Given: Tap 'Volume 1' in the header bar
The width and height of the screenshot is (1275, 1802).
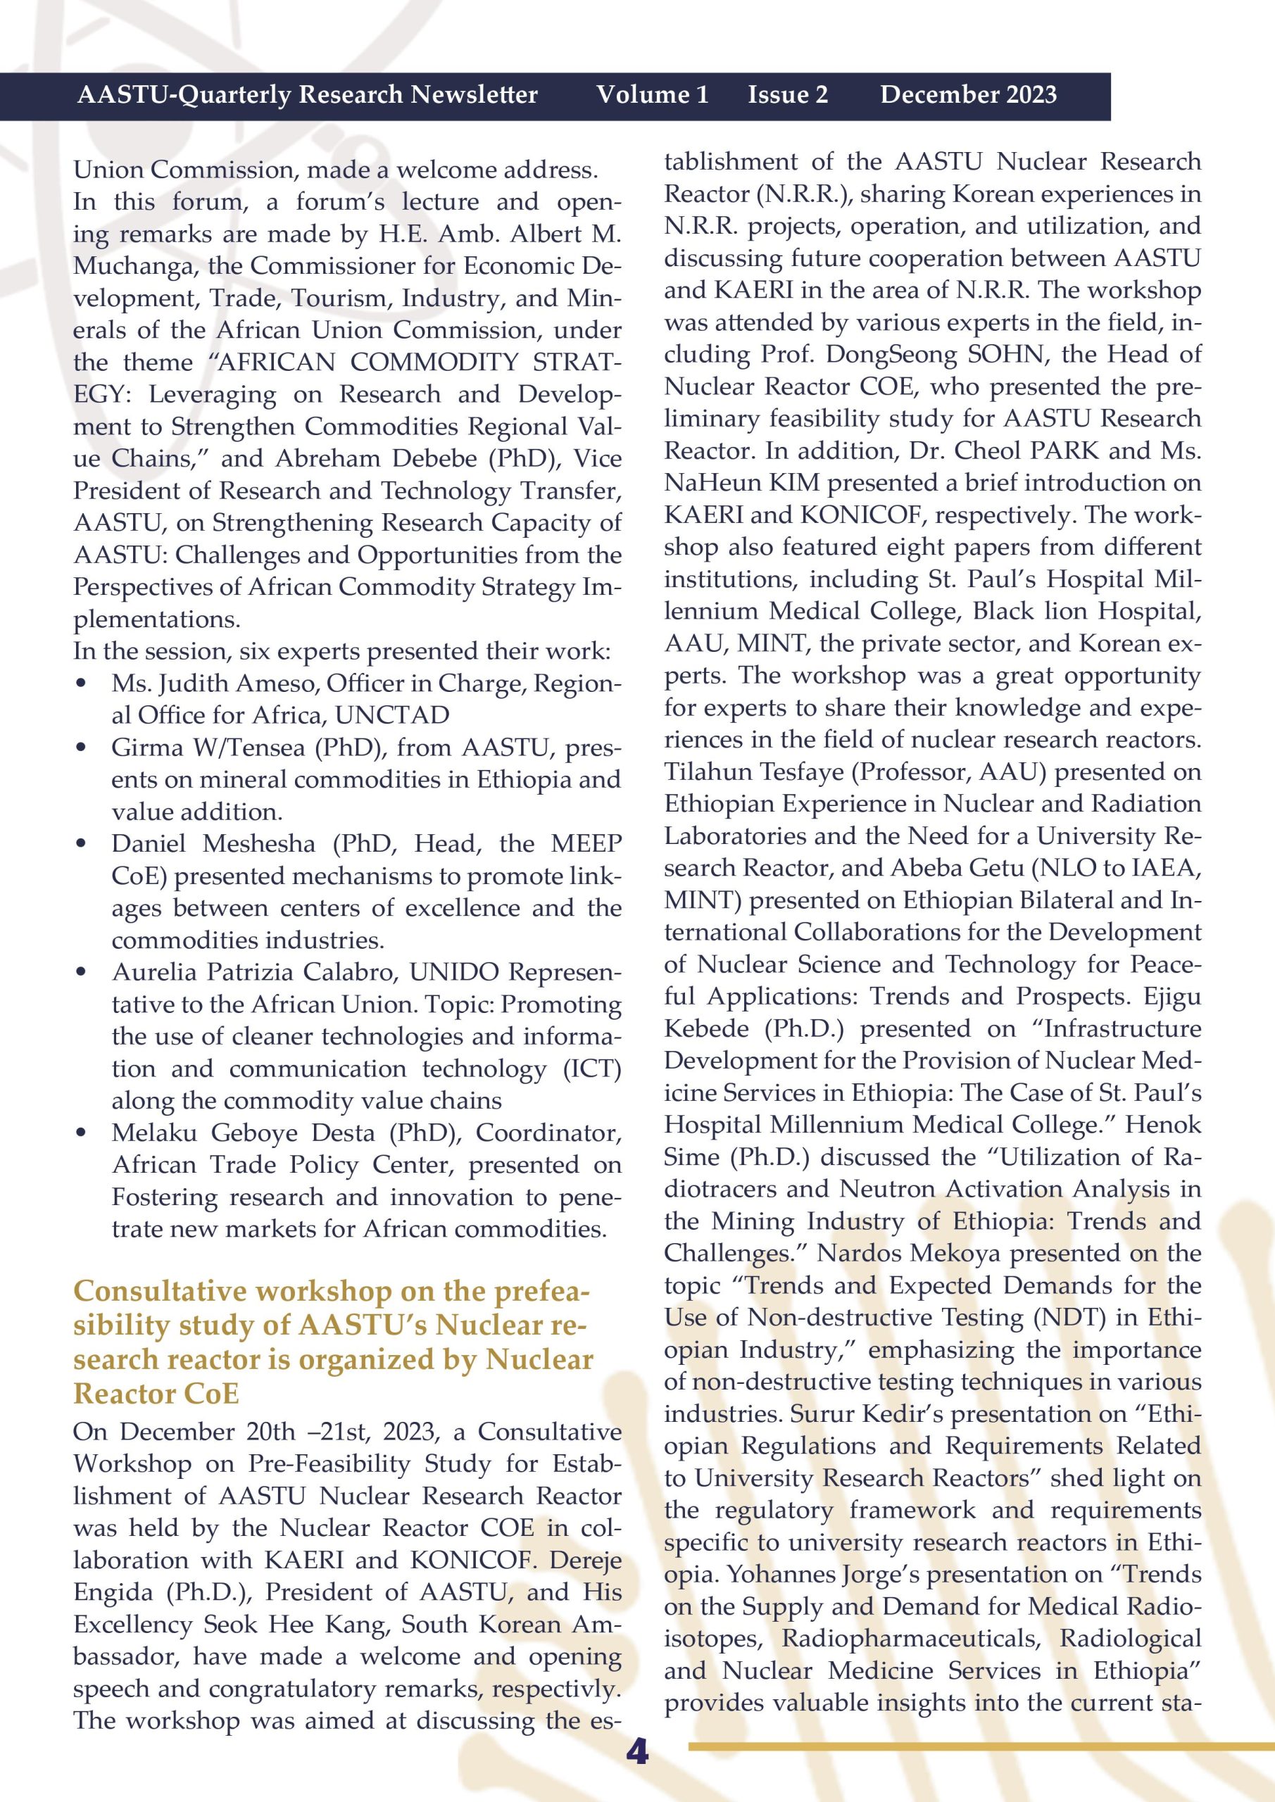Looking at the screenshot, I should (x=653, y=95).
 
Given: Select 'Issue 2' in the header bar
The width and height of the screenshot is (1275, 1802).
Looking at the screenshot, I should (x=787, y=95).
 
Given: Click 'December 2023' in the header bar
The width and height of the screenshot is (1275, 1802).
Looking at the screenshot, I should (x=968, y=95).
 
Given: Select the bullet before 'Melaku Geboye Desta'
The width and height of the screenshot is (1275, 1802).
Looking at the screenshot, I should (x=81, y=1133).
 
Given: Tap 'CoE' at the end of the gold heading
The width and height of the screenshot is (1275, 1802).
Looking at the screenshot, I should (x=211, y=1393).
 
